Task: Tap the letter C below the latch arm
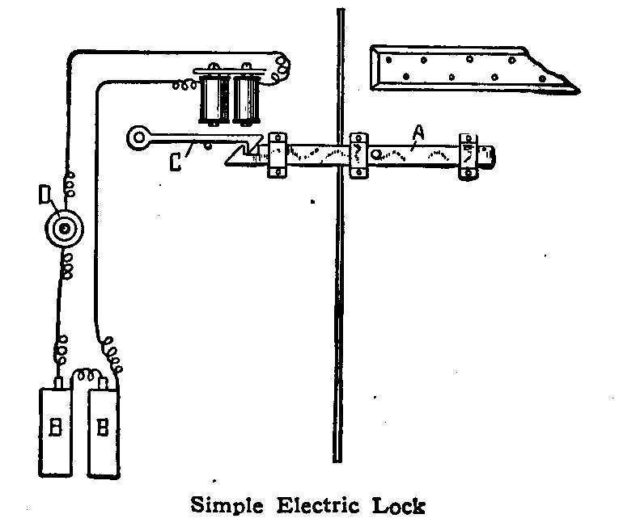[x=175, y=162]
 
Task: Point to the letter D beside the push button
[x=45, y=196]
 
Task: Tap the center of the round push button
[x=61, y=230]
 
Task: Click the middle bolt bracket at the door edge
[x=357, y=152]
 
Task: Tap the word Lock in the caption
[x=396, y=507]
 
